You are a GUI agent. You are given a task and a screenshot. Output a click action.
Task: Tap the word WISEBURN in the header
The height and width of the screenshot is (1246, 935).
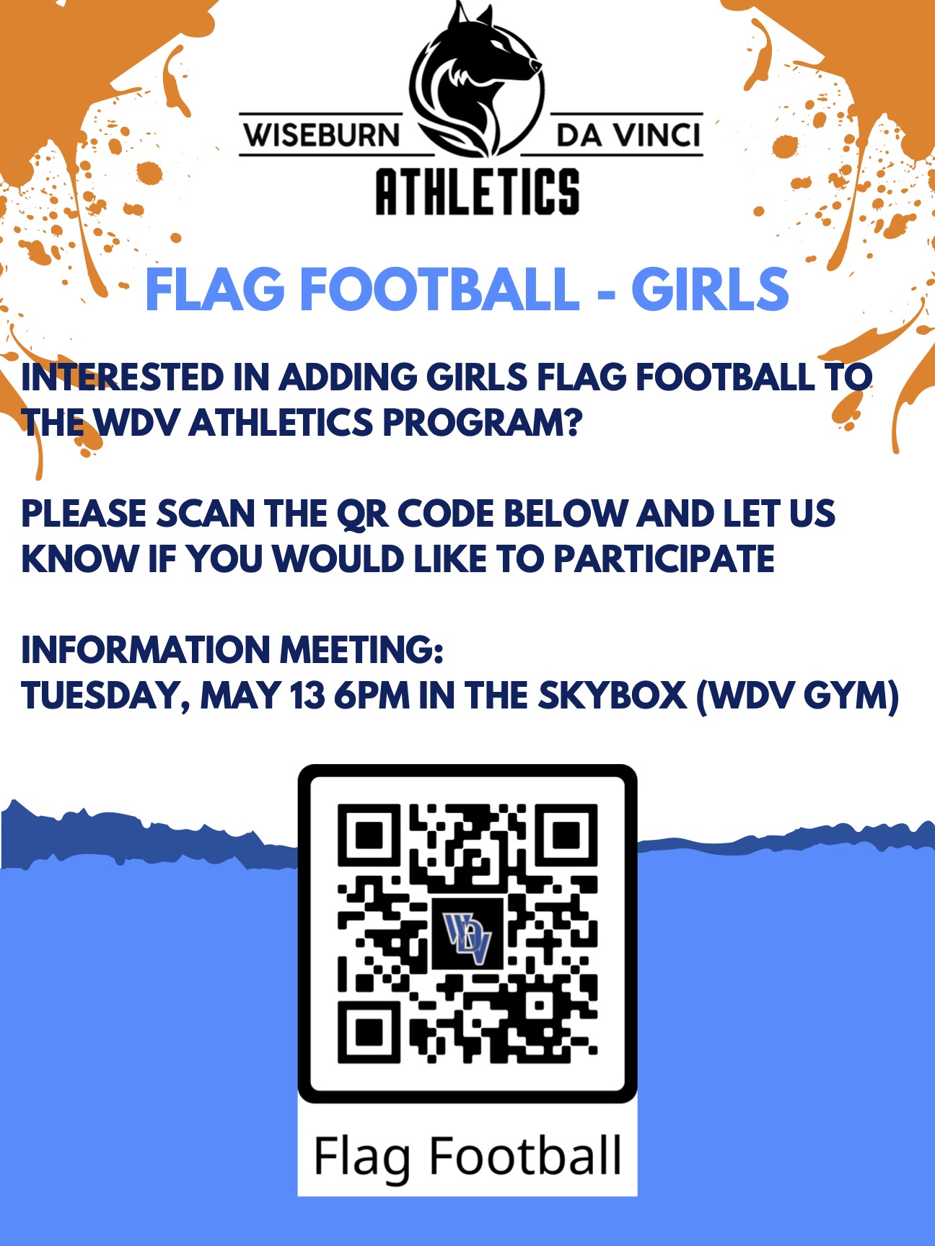pos(321,135)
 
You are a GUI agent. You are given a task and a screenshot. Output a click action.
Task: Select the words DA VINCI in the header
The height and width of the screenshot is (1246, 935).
pos(628,135)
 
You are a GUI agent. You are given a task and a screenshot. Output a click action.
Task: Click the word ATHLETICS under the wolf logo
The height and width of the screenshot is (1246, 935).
pos(478,191)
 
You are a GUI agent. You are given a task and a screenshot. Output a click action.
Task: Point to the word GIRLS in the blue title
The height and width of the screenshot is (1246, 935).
pos(710,289)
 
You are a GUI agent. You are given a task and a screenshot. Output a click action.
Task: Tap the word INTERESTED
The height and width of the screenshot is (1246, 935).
pos(123,377)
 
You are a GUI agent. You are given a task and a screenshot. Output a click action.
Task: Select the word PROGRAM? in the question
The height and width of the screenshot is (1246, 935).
pos(482,422)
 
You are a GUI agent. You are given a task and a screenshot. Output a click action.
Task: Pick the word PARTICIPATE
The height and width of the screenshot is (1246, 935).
pos(664,559)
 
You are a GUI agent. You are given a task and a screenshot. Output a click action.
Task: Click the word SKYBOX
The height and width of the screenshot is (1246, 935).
pos(612,696)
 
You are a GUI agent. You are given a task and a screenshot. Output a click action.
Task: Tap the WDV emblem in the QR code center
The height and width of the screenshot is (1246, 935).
pos(467,935)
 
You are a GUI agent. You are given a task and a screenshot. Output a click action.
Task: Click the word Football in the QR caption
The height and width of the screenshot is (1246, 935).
pos(525,1156)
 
